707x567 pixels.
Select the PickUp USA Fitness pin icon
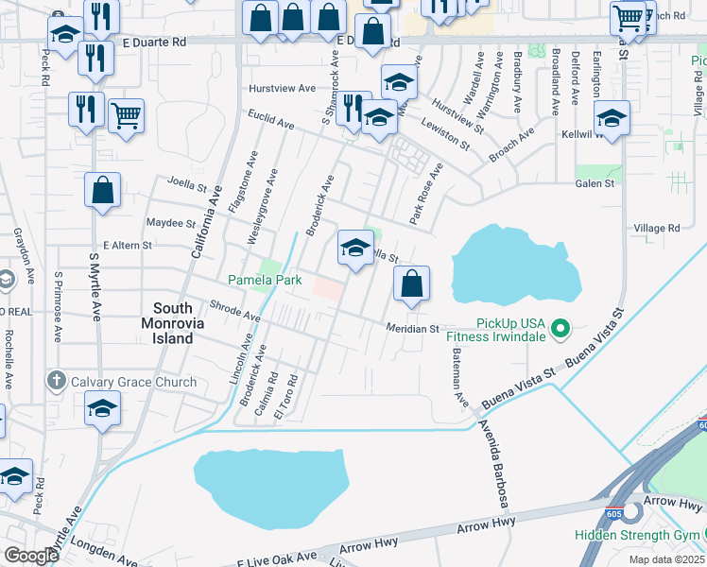(x=560, y=330)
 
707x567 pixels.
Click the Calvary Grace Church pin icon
(x=56, y=382)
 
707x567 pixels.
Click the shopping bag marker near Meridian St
(x=411, y=283)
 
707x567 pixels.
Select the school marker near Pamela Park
(x=354, y=249)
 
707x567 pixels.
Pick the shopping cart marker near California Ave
(x=125, y=116)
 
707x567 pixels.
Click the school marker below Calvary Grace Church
(x=101, y=409)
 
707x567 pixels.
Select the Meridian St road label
(x=412, y=329)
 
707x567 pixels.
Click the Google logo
(x=32, y=556)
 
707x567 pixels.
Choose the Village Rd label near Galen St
(x=656, y=228)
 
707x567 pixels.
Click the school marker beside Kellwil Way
(x=611, y=118)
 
